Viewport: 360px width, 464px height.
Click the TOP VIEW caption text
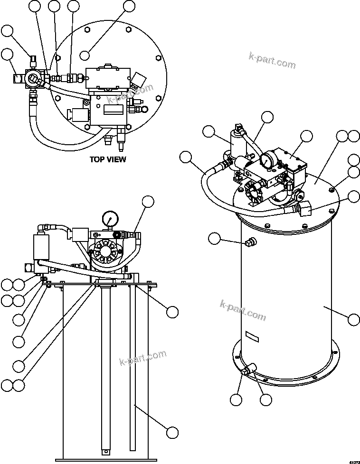[x=108, y=159]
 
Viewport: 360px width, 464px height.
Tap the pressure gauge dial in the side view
[x=110, y=219]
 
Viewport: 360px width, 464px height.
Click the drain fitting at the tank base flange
[x=248, y=370]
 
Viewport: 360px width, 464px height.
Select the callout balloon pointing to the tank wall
[x=353, y=319]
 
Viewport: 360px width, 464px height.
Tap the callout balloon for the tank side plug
[x=215, y=239]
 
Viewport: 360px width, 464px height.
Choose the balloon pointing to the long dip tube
[x=172, y=432]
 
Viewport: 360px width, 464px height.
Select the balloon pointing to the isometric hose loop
[x=186, y=157]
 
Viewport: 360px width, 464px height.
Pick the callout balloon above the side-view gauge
[x=149, y=201]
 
